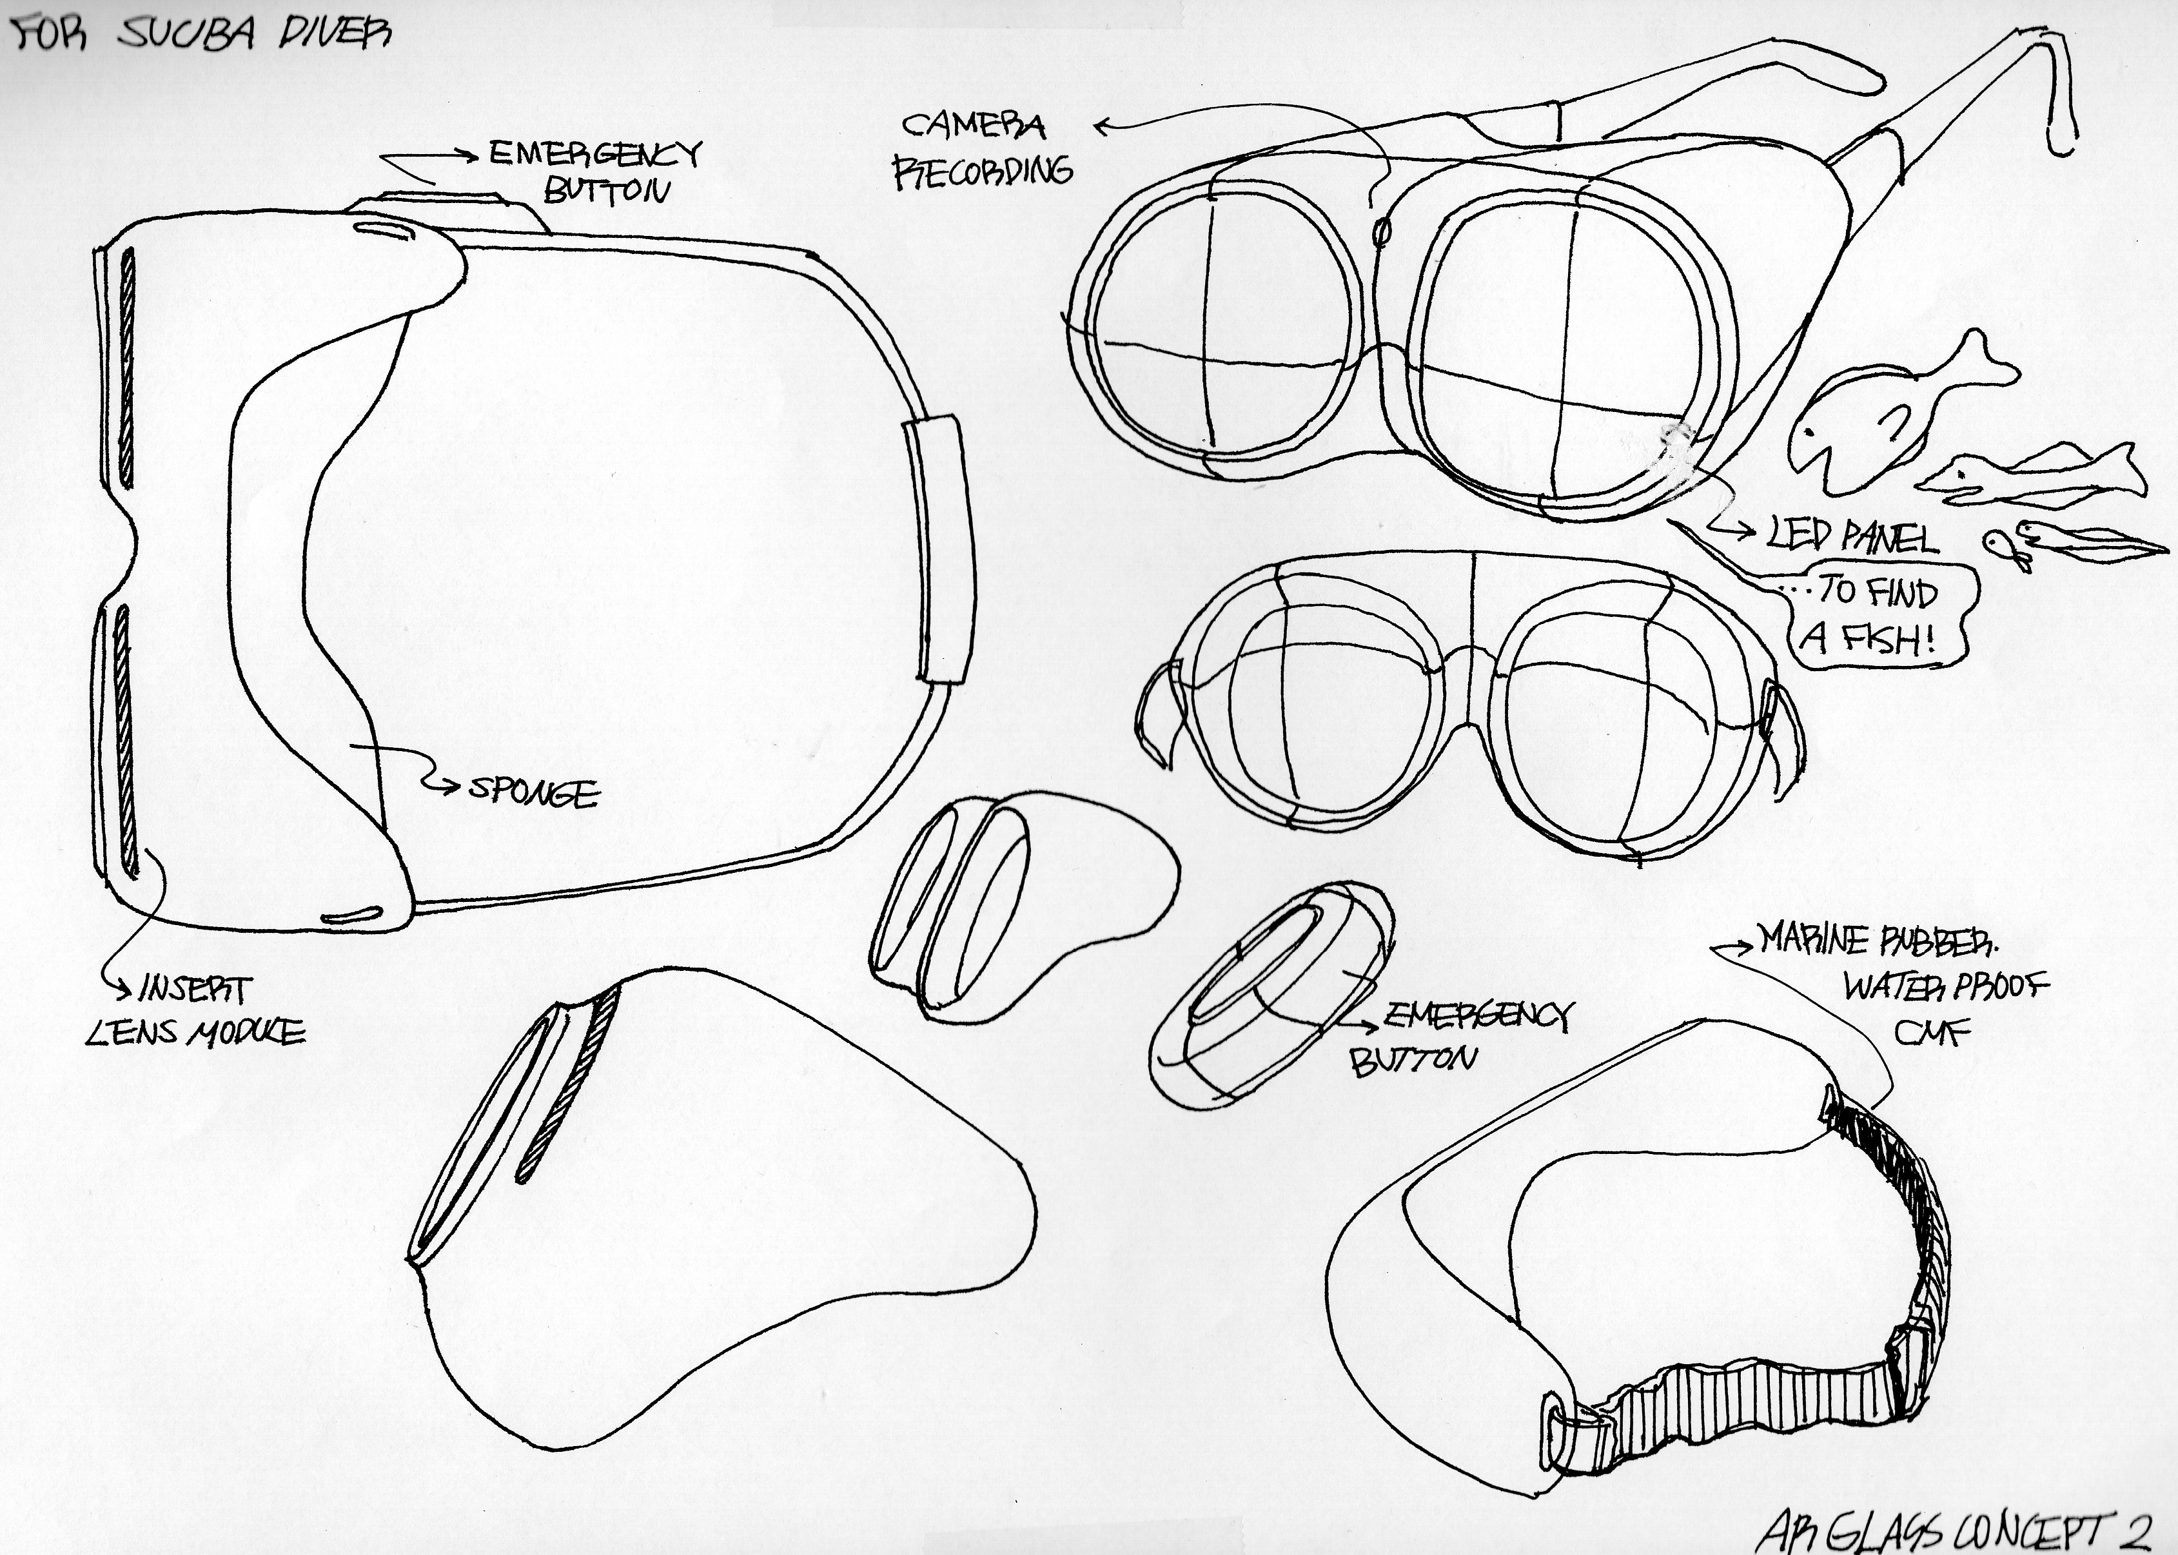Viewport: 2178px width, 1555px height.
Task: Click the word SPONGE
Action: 533,792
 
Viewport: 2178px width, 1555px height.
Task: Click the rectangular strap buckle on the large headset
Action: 938,551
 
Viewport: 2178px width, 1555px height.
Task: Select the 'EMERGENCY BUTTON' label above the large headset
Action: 594,170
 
